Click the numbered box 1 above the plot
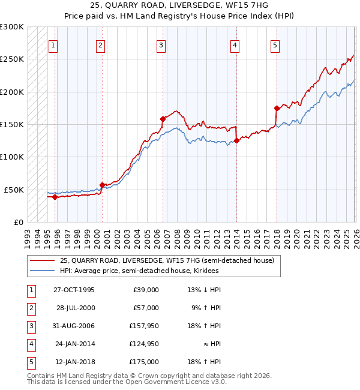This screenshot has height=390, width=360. (x=53, y=45)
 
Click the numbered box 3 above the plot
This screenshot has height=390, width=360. (x=161, y=45)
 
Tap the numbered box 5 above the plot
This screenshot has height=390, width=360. (x=275, y=45)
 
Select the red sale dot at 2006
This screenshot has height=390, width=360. (x=163, y=119)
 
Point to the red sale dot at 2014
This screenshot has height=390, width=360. (x=236, y=140)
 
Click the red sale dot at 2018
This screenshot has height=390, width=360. (x=277, y=108)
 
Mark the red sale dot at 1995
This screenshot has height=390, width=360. (x=55, y=197)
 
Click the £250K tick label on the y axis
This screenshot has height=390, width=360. (x=12, y=59)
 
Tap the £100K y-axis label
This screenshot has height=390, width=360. (x=12, y=157)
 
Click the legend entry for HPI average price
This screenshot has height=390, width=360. (x=139, y=271)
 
